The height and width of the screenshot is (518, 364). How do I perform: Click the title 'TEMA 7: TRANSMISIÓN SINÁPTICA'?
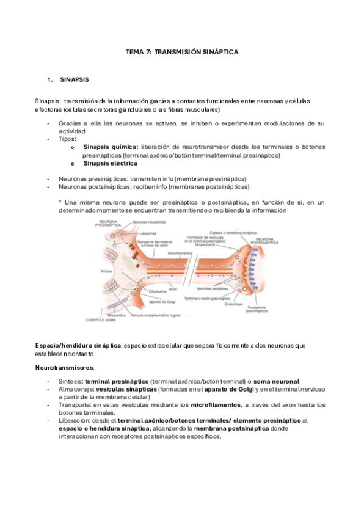point(181,53)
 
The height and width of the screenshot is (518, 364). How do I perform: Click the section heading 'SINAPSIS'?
point(75,80)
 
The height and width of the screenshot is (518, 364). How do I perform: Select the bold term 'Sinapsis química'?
point(111,147)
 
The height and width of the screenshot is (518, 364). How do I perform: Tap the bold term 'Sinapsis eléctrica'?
point(111,163)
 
